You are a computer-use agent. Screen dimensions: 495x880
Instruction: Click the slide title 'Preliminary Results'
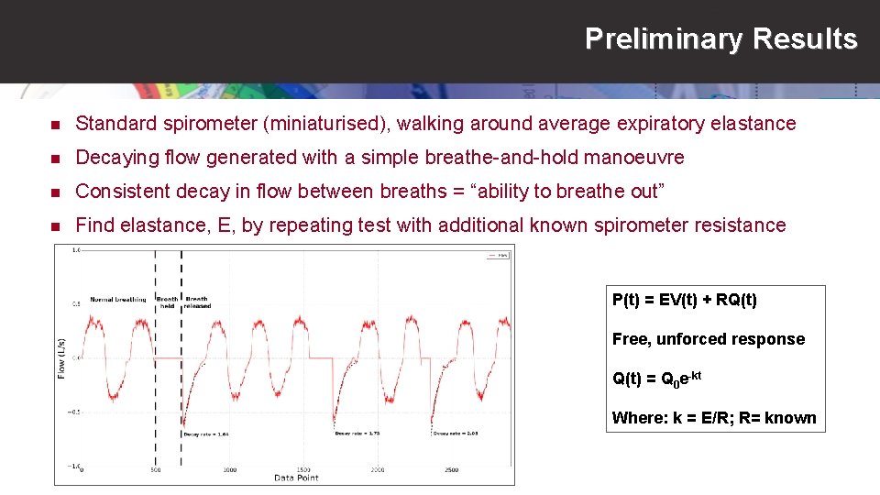(720, 39)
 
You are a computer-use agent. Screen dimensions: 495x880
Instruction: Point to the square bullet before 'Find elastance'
(55, 225)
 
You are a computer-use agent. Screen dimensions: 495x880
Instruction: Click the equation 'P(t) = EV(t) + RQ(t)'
(685, 300)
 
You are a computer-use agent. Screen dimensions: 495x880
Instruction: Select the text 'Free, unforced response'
(708, 339)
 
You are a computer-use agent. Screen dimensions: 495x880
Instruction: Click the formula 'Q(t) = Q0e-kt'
(656, 378)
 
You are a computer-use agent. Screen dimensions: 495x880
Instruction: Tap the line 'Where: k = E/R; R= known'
(713, 418)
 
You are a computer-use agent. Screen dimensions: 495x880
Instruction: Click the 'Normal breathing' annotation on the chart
(117, 300)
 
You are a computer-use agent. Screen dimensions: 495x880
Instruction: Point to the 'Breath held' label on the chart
(167, 302)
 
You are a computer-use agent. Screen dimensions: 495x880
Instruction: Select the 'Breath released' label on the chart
(197, 302)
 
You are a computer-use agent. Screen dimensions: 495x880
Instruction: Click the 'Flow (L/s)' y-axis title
(62, 357)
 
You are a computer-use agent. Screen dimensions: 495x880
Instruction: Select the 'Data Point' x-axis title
(296, 478)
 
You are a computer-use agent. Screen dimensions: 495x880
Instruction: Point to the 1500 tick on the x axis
(303, 469)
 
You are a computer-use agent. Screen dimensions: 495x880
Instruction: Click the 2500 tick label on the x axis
(452, 469)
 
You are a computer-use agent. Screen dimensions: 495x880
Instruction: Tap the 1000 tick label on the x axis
(229, 469)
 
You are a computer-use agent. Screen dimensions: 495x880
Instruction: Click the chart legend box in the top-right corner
(495, 256)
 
